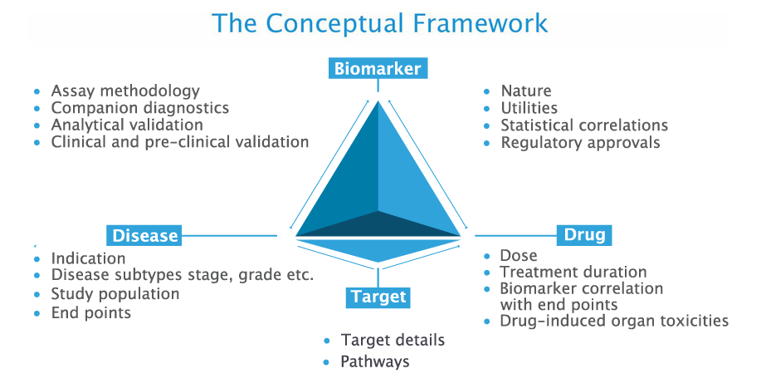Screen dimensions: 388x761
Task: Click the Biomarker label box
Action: click(x=378, y=68)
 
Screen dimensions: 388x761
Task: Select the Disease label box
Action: click(x=144, y=235)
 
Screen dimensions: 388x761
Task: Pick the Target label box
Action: click(x=378, y=297)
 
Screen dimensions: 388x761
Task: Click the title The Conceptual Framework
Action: click(x=380, y=22)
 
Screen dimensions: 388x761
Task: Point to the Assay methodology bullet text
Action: click(x=125, y=91)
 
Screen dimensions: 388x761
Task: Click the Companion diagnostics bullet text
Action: click(x=140, y=108)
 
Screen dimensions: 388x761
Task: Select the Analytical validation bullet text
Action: click(x=127, y=125)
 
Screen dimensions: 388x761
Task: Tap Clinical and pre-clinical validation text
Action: click(x=180, y=142)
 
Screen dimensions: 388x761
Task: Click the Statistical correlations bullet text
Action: click(x=584, y=125)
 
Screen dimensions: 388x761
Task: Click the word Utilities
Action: click(x=529, y=108)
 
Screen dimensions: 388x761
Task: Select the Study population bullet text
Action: click(x=115, y=294)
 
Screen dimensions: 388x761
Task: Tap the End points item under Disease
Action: click(x=90, y=312)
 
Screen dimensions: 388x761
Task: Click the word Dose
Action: click(x=519, y=256)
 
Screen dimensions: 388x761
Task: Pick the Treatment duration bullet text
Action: click(x=573, y=272)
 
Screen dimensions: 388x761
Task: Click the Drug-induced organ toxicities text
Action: click(x=614, y=321)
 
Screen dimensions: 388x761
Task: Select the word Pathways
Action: click(x=375, y=361)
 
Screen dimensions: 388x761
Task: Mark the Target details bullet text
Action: click(x=393, y=341)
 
